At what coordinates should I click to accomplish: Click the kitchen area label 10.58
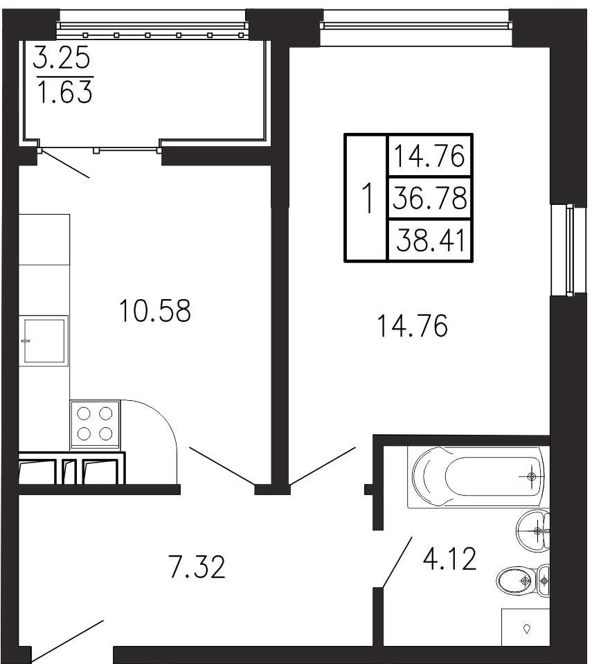155,310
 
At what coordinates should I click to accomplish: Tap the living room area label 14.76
412,325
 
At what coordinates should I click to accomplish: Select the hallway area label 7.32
197,566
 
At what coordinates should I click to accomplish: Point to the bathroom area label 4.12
450,559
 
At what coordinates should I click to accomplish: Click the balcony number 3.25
62,57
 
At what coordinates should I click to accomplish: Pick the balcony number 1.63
65,91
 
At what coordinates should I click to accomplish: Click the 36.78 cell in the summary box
429,198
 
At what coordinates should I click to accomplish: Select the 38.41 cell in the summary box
429,240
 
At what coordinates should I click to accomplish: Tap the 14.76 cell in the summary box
429,155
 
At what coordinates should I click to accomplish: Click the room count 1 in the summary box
367,198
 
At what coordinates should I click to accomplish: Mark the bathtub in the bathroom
476,476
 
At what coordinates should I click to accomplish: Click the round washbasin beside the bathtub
533,530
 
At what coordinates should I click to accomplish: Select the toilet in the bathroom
523,581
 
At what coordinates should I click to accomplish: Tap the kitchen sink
44,341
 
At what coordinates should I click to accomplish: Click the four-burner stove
96,424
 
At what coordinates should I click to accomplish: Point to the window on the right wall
562,250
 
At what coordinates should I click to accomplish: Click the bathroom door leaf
397,562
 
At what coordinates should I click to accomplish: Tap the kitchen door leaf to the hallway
222,466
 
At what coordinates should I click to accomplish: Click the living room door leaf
323,466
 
